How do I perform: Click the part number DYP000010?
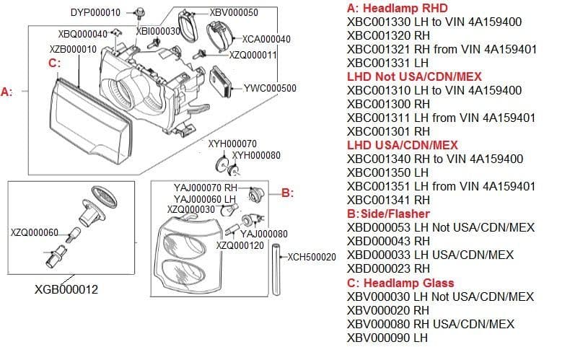click(x=95, y=12)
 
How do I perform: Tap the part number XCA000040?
click(x=266, y=39)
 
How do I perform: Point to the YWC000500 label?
click(x=271, y=88)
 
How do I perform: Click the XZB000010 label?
click(x=73, y=48)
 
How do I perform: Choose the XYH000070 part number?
click(x=232, y=144)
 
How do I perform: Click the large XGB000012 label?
click(x=66, y=289)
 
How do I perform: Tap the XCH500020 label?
click(x=312, y=257)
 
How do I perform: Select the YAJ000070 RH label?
click(x=206, y=188)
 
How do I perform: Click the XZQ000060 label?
click(x=35, y=232)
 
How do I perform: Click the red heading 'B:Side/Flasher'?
click(x=388, y=214)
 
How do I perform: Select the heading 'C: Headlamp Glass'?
click(x=401, y=283)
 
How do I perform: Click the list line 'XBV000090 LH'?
click(x=387, y=337)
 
